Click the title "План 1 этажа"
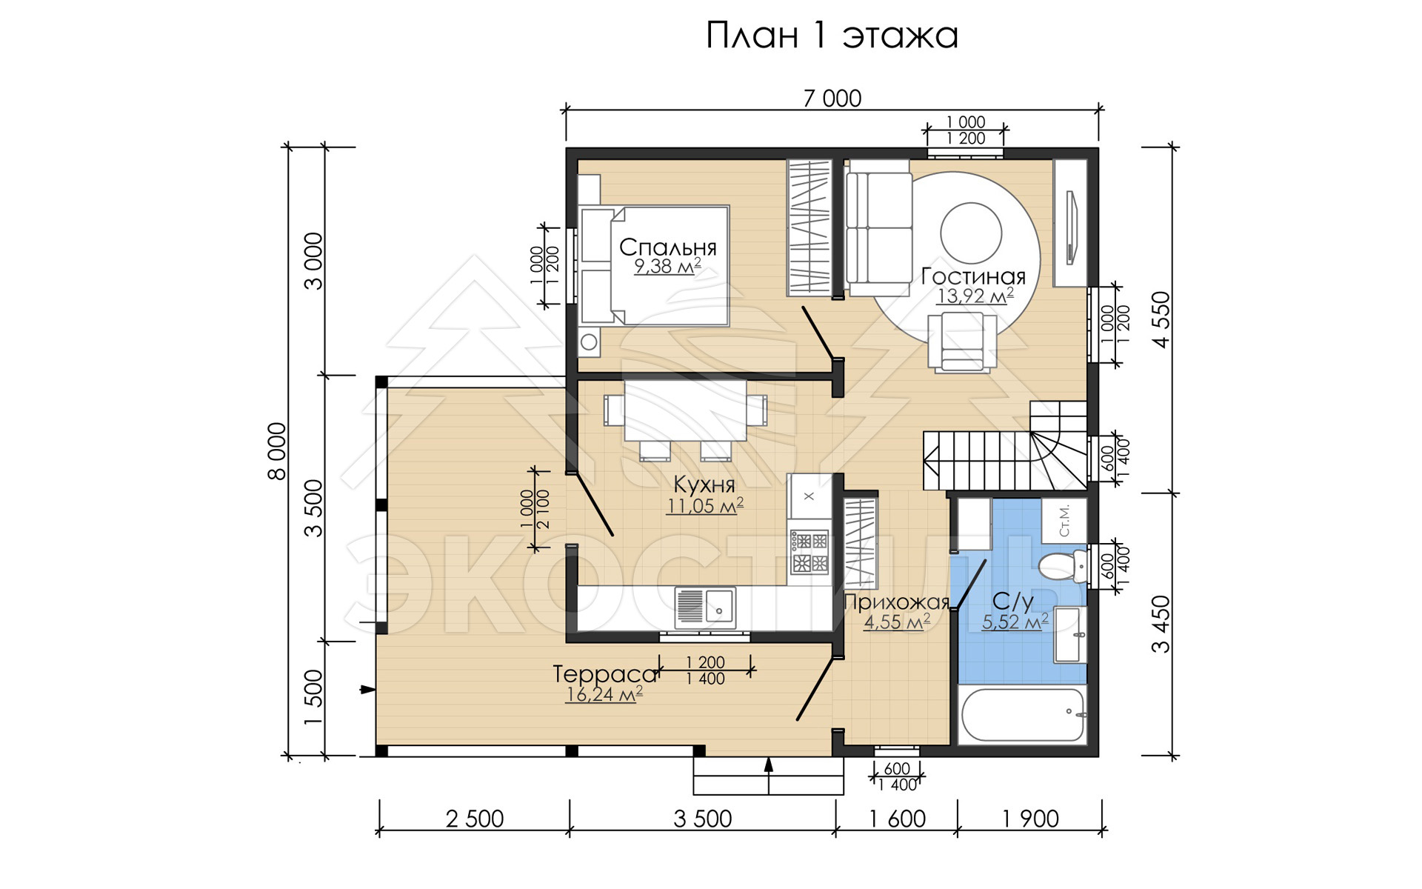(x=832, y=36)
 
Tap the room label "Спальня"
(x=668, y=247)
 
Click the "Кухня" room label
(x=704, y=485)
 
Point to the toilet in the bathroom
(x=1062, y=566)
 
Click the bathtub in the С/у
(x=1023, y=715)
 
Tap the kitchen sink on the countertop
(x=705, y=607)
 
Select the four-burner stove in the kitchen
(x=810, y=552)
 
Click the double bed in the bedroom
(x=654, y=266)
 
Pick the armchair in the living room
(x=962, y=342)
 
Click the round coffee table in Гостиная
(x=971, y=233)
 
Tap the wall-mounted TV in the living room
(x=1070, y=227)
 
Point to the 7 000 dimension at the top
(x=832, y=99)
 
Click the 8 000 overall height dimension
(x=276, y=451)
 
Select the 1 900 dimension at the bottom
(x=1030, y=819)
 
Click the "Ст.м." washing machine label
(x=1064, y=521)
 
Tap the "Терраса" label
(x=605, y=674)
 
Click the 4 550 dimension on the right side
(x=1161, y=319)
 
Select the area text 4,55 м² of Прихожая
(x=897, y=622)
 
